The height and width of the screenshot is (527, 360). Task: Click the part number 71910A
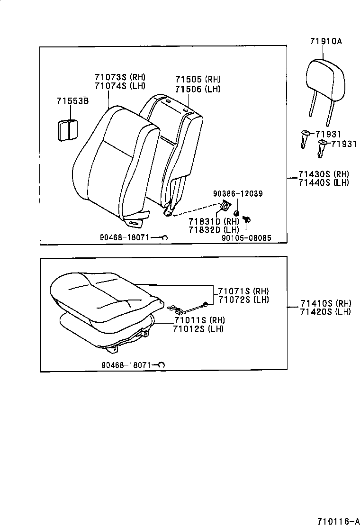[326, 41]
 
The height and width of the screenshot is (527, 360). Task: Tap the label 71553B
[73, 101]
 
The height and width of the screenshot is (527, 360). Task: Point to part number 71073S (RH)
[120, 77]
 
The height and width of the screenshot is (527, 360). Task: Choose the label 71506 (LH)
[198, 89]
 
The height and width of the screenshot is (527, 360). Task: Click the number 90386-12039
[238, 194]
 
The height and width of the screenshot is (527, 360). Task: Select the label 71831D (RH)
[214, 221]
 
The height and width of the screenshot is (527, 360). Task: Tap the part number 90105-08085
[246, 238]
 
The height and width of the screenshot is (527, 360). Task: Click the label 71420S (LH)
[325, 312]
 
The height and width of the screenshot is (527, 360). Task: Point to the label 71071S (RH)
[243, 291]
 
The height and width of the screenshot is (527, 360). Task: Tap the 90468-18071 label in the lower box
[126, 365]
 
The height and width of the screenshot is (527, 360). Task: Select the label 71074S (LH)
[120, 86]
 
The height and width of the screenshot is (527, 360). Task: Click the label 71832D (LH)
[214, 230]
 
